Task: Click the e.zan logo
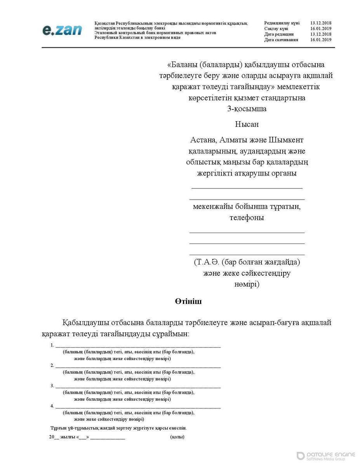pos(62,30)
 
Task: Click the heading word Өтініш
pos(188,301)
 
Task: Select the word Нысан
pos(247,124)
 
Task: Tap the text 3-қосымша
pos(247,109)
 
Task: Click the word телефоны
pos(247,217)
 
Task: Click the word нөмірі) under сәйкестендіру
pos(247,284)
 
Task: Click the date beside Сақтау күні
pos(321,29)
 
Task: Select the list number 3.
pos(52,386)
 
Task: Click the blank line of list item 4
pos(138,406)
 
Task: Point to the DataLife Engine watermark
pos(325,456)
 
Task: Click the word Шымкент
pos(285,139)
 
